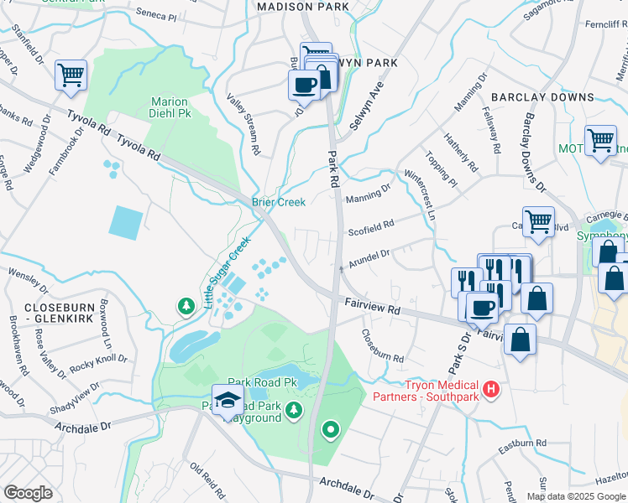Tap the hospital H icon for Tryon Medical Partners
pos(493,389)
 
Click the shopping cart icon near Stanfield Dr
pos(71,75)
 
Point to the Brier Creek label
pos(279,202)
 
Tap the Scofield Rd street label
pos(371,227)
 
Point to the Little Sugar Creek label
pos(228,272)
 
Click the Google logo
pos(28,493)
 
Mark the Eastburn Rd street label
pos(524,442)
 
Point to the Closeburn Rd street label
pos(382,345)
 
